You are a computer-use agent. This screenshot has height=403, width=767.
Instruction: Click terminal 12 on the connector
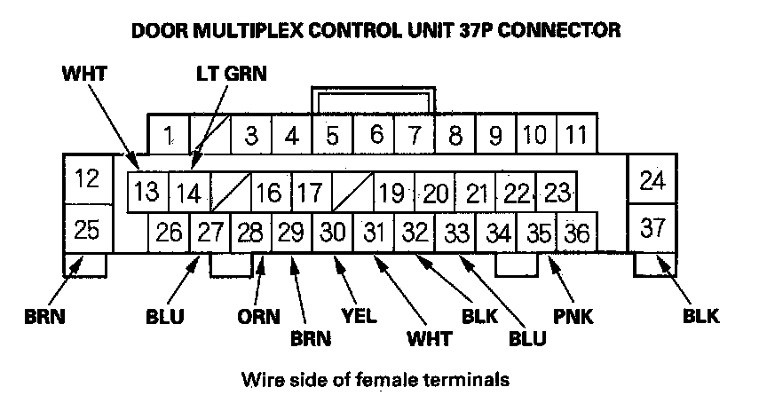(87, 179)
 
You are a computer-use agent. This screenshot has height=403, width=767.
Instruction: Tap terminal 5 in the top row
(332, 136)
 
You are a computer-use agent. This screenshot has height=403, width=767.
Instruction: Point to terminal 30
(333, 233)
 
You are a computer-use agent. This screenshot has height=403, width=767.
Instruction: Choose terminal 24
(652, 180)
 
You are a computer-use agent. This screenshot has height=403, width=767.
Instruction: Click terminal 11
(576, 136)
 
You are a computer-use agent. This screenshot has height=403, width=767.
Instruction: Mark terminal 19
(391, 193)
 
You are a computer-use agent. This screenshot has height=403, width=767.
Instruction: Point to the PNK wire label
(573, 316)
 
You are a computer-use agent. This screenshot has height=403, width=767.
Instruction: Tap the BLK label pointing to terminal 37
(700, 316)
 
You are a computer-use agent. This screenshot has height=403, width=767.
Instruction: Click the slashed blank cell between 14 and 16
(233, 193)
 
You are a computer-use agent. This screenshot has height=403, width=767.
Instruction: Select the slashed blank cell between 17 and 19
(352, 193)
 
